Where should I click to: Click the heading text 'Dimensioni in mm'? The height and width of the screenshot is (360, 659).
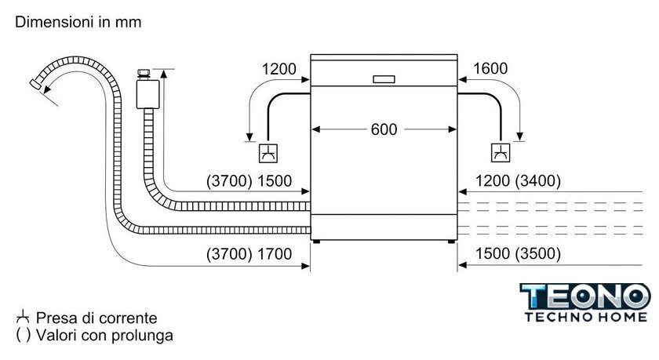click(78, 22)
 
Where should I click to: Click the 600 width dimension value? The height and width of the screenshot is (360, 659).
click(384, 129)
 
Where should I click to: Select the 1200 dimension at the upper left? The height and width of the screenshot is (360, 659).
click(279, 69)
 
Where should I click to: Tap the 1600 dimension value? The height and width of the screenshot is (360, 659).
click(490, 69)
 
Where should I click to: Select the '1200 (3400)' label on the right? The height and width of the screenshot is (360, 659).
click(519, 181)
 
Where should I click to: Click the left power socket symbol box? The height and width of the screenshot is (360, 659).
click(268, 152)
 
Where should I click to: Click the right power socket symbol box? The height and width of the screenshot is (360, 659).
click(500, 152)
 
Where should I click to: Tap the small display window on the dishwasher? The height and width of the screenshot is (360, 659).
click(384, 79)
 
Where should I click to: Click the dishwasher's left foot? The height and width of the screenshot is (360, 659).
click(315, 242)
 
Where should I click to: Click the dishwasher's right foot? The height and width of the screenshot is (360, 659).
click(452, 242)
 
